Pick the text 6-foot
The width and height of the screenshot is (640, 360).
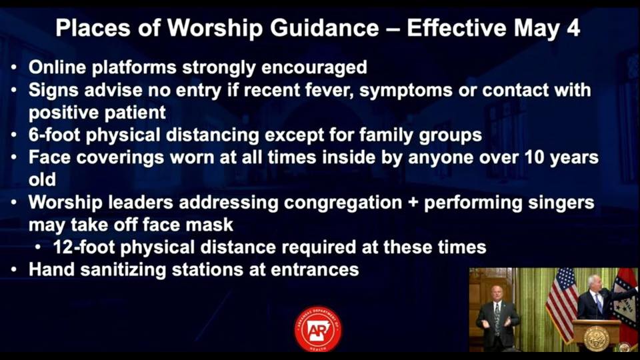[54, 135]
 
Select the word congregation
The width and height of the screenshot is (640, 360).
[343, 203]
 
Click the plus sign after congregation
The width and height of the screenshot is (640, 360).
[413, 203]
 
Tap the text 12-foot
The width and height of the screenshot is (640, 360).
[84, 247]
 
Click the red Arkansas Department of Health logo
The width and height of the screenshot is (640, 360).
[318, 329]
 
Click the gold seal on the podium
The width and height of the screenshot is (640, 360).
[596, 338]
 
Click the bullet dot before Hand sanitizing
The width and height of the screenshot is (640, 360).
[14, 270]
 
